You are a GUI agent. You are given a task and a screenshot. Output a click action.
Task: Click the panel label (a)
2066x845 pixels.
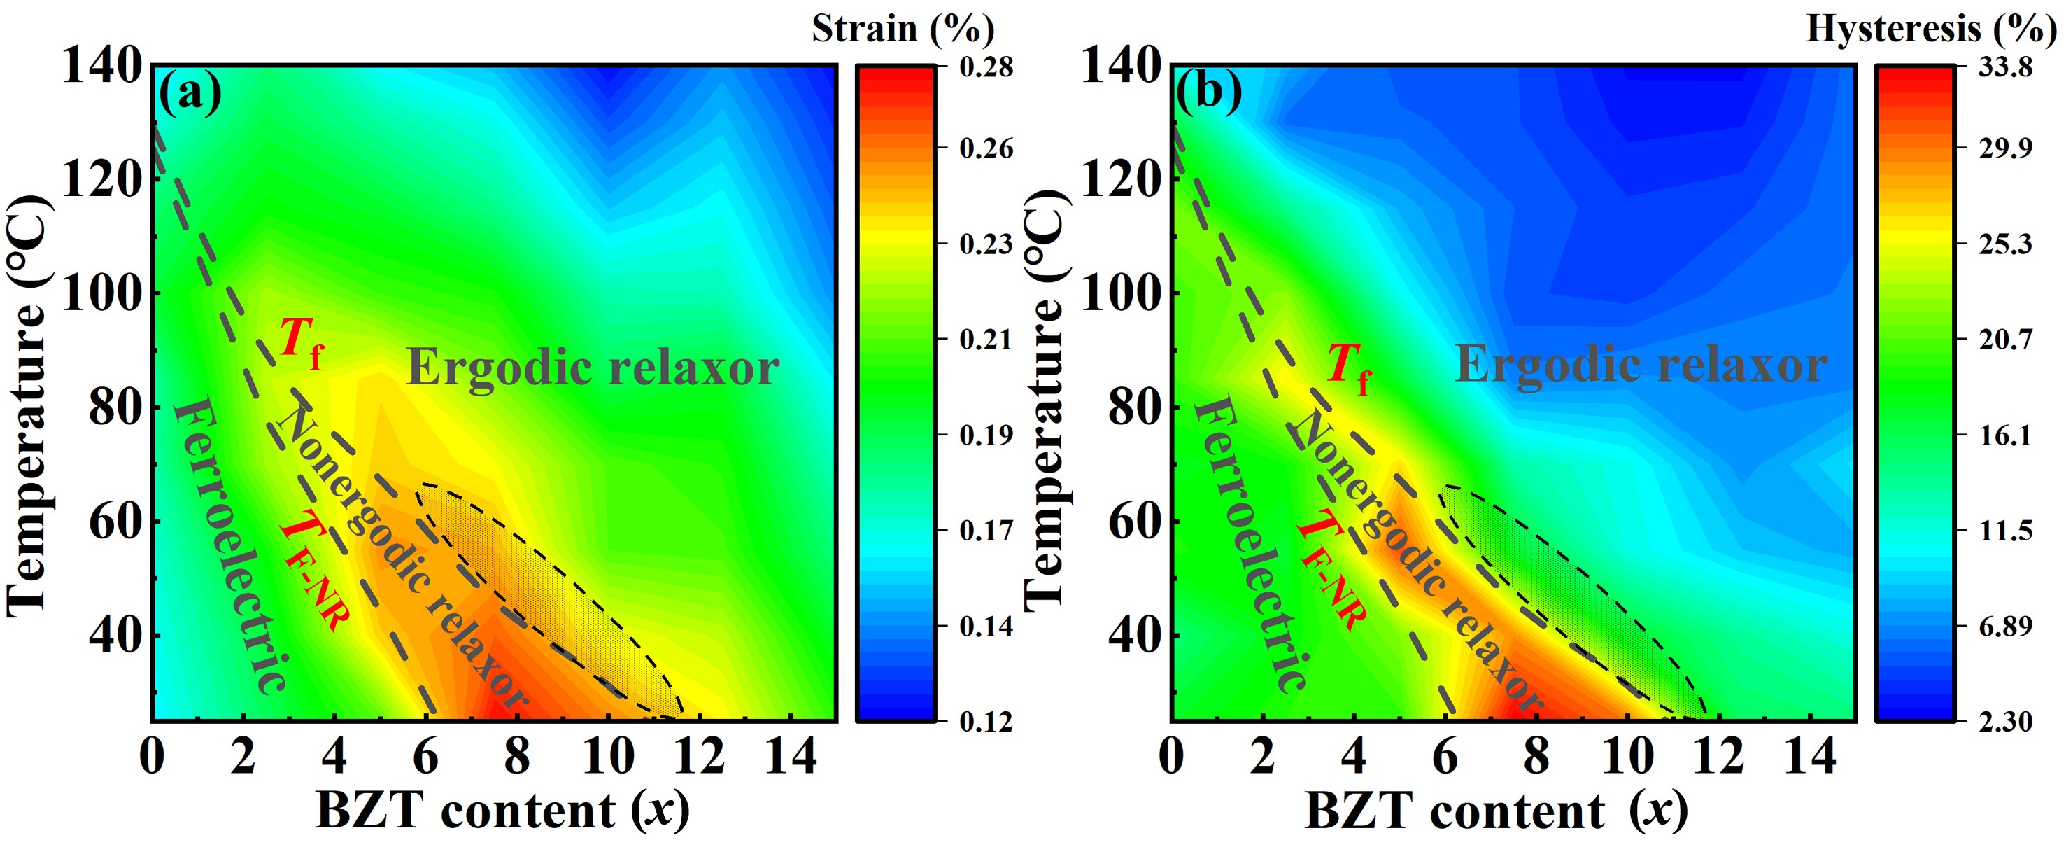[190, 93]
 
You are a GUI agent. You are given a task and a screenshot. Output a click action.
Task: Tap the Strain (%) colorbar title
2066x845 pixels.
[903, 29]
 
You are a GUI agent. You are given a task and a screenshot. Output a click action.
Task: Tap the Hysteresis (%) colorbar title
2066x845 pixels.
[1931, 29]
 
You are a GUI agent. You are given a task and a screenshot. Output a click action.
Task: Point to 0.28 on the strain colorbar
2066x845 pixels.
[986, 67]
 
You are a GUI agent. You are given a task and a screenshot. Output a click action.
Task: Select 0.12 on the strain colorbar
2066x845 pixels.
[986, 721]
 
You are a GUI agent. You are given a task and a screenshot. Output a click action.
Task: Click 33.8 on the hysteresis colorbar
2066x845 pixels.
[2005, 67]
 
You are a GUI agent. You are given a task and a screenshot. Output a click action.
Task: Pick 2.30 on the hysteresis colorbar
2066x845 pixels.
[2005, 721]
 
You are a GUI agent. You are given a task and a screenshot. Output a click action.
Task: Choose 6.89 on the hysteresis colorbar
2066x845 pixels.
[2005, 626]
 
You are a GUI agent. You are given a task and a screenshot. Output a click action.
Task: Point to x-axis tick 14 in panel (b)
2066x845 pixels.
[1809, 756]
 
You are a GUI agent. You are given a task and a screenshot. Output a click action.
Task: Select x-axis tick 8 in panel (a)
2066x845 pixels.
[516, 756]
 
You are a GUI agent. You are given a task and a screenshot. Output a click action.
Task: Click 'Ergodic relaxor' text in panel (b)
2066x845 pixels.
[1641, 366]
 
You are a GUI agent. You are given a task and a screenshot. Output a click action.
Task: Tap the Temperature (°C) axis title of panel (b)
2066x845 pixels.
[1045, 401]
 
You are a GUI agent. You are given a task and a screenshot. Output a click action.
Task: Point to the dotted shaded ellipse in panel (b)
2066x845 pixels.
[1572, 602]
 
